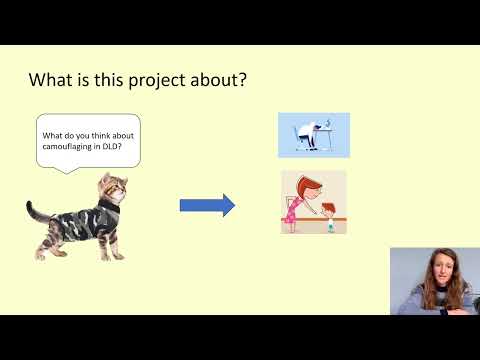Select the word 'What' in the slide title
[x=50, y=79]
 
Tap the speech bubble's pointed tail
[x=70, y=169]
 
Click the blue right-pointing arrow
[x=207, y=206]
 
